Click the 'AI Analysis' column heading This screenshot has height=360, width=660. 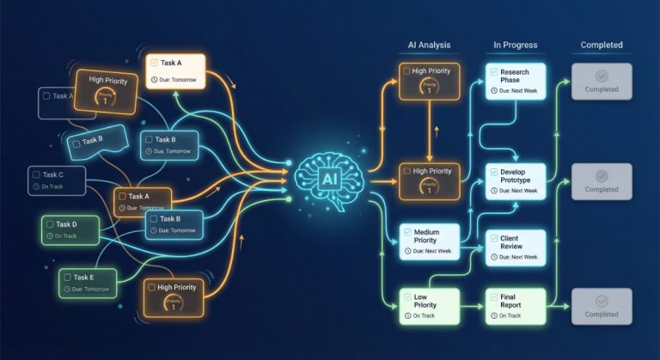coord(429,45)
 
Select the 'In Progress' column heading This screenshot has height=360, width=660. coord(515,45)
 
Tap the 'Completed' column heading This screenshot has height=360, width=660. coord(602,45)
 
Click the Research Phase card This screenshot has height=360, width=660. coord(515,81)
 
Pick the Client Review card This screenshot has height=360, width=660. coord(516,246)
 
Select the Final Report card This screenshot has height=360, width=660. coord(515,304)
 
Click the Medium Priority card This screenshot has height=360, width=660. coord(429,241)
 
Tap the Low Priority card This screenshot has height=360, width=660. coord(429,304)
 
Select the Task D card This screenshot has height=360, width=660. coord(70,229)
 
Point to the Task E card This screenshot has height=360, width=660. coord(89,283)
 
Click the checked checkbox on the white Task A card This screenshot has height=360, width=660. coord(153,63)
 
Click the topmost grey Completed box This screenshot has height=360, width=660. coord(602,81)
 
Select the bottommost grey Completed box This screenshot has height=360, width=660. coord(602,306)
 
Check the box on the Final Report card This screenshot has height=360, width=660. coord(493,296)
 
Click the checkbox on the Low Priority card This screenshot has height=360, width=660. coord(406,296)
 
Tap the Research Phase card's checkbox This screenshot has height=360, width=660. coord(493,72)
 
